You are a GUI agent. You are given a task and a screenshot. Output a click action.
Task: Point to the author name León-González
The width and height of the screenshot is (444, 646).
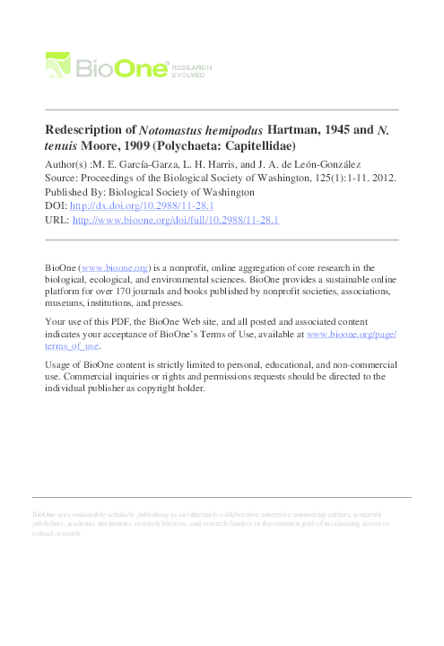308,164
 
